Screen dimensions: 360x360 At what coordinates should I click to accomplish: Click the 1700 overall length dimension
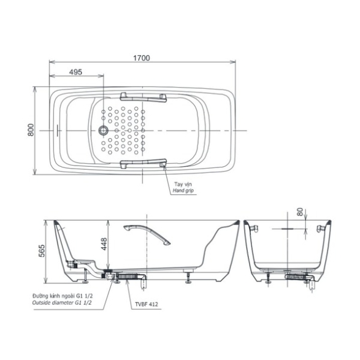tap(142, 58)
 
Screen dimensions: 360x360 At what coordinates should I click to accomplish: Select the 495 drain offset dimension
tap(75, 72)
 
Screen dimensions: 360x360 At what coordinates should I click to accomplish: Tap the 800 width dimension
tap(31, 130)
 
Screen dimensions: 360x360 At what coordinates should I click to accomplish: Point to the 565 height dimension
tap(42, 251)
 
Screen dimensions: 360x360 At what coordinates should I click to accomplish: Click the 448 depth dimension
tap(104, 244)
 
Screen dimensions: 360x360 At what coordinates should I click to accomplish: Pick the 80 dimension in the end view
tap(300, 212)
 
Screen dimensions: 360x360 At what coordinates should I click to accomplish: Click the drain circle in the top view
tap(103, 131)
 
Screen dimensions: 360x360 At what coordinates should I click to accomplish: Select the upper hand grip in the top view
tap(143, 98)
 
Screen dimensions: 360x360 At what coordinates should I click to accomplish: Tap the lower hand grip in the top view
tap(143, 164)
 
